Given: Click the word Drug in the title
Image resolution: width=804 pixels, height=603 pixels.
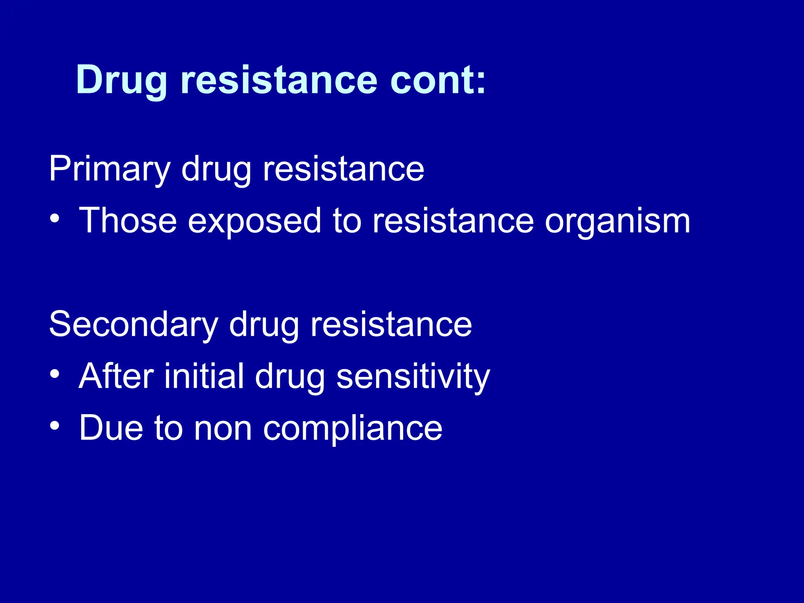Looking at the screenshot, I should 122,80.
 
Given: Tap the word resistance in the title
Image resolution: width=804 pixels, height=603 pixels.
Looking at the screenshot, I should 279,80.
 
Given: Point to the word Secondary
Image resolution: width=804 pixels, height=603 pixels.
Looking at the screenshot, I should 133,324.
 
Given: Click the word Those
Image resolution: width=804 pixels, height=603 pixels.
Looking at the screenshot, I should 128,221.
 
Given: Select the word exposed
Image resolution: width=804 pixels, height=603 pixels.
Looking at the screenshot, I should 255,221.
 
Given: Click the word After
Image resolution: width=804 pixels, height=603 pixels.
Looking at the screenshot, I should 116,376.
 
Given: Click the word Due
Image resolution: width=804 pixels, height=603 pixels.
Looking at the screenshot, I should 111,428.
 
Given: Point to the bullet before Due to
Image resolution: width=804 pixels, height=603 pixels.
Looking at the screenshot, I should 55,426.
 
